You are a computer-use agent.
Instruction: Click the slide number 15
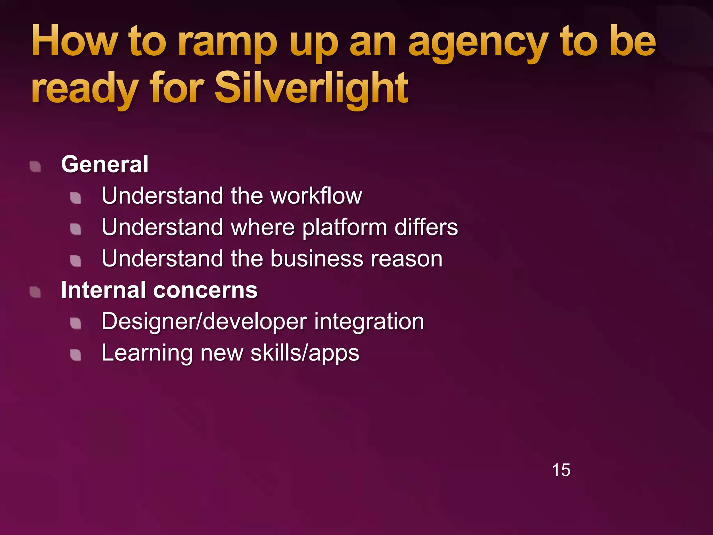[561, 470]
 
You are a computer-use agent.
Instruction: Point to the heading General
[105, 164]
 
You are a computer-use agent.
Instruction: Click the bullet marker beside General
[35, 166]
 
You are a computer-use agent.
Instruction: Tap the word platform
[344, 227]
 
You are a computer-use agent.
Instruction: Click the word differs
[426, 227]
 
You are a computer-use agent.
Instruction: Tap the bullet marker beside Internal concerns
[35, 292]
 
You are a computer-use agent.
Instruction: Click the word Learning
[147, 353]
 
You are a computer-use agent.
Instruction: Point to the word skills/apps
[305, 353]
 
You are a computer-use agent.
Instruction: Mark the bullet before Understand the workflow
[76, 198]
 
